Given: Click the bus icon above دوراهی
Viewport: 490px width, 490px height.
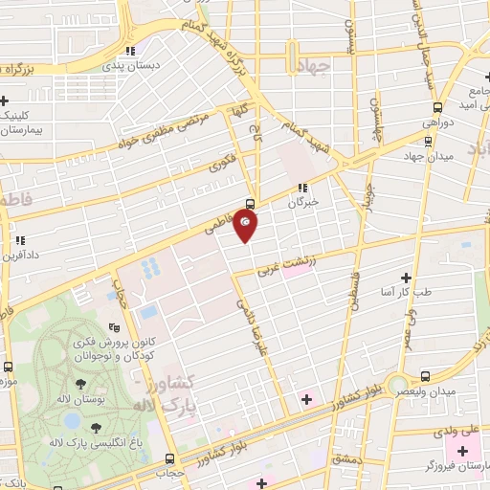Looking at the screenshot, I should pyautogui.click(x=438, y=107).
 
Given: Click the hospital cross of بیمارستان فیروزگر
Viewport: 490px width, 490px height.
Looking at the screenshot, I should pyautogui.click(x=451, y=449).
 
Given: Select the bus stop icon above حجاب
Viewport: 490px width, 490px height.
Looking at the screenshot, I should pyautogui.click(x=169, y=458).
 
